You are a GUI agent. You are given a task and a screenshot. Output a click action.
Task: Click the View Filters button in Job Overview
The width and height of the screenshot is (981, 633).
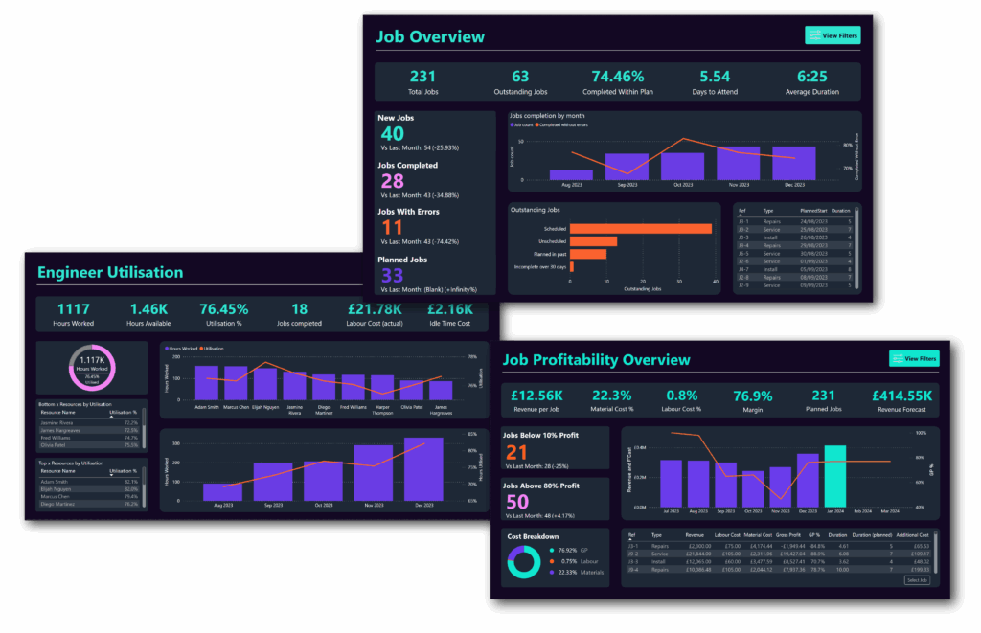(832, 36)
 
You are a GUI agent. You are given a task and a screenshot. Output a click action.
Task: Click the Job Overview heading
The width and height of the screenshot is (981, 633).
(430, 37)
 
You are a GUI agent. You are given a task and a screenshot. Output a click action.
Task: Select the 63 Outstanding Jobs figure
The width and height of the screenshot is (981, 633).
(520, 77)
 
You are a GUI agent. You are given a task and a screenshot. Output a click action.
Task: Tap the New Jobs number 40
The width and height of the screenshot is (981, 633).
(392, 135)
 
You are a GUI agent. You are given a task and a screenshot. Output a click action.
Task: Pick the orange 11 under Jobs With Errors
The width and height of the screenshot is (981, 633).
(392, 228)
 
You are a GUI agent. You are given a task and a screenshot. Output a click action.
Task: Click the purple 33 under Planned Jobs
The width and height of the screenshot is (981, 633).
(392, 276)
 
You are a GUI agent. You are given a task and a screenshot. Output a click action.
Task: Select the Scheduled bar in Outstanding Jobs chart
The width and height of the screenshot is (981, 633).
(641, 228)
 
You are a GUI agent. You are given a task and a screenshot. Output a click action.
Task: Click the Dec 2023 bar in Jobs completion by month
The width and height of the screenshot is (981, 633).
(794, 163)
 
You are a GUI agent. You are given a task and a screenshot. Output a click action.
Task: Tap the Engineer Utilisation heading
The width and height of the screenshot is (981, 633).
(110, 273)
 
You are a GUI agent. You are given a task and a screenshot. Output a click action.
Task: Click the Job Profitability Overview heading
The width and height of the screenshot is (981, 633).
(595, 360)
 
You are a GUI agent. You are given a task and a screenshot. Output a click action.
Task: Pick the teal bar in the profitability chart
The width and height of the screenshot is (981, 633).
(835, 476)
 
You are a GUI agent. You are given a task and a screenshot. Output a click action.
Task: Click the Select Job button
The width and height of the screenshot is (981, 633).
(917, 580)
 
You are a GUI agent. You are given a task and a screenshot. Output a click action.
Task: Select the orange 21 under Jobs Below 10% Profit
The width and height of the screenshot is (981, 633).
(517, 453)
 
